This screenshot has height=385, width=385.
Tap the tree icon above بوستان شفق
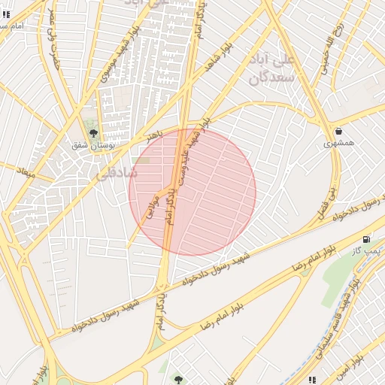tap(93, 134)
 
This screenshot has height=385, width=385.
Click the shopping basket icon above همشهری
tap(339, 131)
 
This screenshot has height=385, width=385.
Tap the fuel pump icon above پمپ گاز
tap(367, 239)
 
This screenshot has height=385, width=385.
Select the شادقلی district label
tap(117, 172)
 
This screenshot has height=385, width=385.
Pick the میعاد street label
tap(26, 171)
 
